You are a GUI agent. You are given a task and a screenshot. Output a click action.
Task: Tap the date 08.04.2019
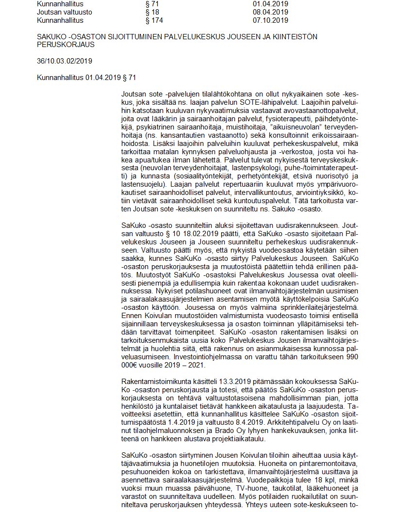tap(270, 12)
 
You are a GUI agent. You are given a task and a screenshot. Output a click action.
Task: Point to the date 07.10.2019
tap(270, 20)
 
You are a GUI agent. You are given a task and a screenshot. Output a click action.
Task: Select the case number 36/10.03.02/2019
tap(65, 61)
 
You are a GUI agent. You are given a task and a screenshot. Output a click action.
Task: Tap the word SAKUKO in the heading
tap(53, 37)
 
